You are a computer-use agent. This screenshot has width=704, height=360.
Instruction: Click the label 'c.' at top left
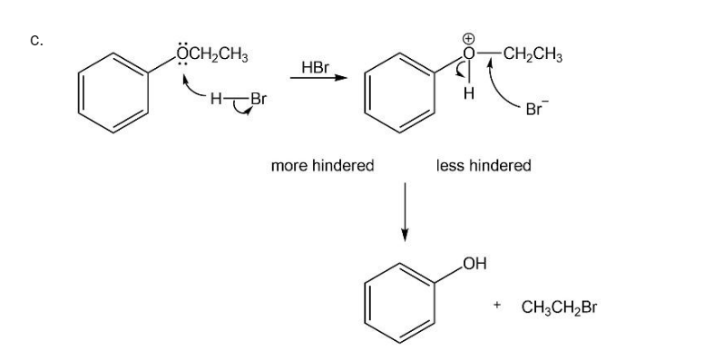coord(36,41)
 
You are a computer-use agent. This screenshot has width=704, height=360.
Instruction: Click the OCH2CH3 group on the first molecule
coord(212,54)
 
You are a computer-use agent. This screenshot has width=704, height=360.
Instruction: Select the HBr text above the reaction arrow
coord(315,68)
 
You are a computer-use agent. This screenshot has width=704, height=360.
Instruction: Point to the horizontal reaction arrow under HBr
coord(318,78)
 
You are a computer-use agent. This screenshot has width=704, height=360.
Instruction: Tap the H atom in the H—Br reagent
coord(216,99)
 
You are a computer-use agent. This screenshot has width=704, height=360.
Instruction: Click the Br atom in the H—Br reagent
coord(259,99)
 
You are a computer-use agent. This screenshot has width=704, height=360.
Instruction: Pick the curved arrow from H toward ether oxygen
coord(194,87)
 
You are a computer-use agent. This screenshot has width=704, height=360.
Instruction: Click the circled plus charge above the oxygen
coord(468,40)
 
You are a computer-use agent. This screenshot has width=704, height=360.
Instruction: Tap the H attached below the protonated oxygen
coord(469,93)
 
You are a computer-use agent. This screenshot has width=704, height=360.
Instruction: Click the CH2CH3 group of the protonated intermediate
coord(533,54)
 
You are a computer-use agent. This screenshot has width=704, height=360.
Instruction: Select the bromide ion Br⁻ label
coord(536,108)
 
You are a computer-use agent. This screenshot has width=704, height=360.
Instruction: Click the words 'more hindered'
coord(322,166)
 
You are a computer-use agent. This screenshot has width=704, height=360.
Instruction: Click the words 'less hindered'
coord(484,166)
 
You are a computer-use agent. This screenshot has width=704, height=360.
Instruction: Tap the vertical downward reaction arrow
coord(405,212)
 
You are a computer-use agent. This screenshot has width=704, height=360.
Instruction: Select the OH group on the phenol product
coord(474,264)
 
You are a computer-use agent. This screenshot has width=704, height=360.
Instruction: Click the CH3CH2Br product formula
coord(560,307)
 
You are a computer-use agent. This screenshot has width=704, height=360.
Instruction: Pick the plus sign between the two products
coord(496,306)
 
